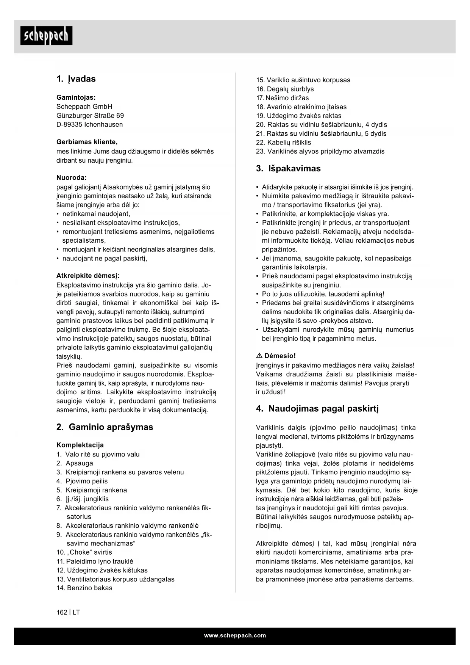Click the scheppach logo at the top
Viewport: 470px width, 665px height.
(x=46, y=36)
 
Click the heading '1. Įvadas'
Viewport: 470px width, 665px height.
(x=76, y=79)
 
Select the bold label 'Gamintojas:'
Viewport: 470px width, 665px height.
(x=76, y=97)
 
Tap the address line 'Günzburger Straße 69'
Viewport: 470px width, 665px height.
(x=90, y=115)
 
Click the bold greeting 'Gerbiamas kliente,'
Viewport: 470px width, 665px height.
(x=87, y=142)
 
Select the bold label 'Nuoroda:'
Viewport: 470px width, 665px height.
(x=71, y=177)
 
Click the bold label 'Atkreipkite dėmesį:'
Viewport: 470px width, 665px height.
(x=87, y=276)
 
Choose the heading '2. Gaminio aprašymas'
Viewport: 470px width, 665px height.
(x=105, y=427)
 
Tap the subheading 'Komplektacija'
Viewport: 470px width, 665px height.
(x=80, y=445)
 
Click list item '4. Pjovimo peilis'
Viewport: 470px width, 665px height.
(x=82, y=481)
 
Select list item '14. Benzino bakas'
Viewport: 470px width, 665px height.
(x=84, y=588)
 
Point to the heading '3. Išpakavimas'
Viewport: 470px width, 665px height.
(x=288, y=168)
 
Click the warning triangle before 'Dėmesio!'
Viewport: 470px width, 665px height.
(x=259, y=356)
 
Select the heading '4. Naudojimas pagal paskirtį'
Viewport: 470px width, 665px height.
(x=317, y=409)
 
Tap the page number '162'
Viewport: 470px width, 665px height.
(x=62, y=612)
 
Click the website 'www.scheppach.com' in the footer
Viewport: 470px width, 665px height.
(x=235, y=636)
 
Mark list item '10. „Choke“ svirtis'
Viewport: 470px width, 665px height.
(x=84, y=552)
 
